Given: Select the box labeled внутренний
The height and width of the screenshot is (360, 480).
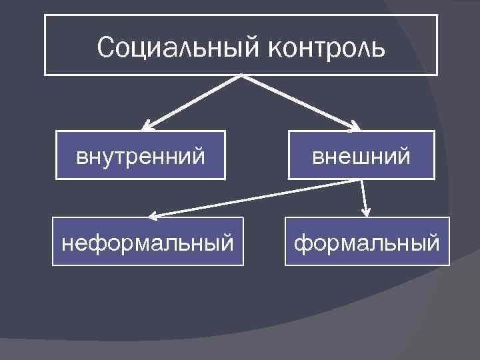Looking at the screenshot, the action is click(140, 155).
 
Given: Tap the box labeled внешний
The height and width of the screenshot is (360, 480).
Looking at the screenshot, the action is click(361, 155).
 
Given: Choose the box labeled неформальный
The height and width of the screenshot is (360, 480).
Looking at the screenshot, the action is click(148, 241).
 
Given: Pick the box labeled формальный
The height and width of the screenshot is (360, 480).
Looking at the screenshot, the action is click(367, 241).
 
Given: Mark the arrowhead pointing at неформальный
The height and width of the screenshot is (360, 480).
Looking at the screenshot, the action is click(154, 215).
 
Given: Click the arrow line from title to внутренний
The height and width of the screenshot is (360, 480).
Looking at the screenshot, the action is click(193, 100).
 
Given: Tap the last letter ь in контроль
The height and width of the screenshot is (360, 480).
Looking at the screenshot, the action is click(379, 49).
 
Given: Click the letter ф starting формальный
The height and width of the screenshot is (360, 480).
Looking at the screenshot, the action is click(301, 243).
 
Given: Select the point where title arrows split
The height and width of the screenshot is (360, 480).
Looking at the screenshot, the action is click(240, 76).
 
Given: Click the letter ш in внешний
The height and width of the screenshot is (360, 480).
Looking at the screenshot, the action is click(366, 157).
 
